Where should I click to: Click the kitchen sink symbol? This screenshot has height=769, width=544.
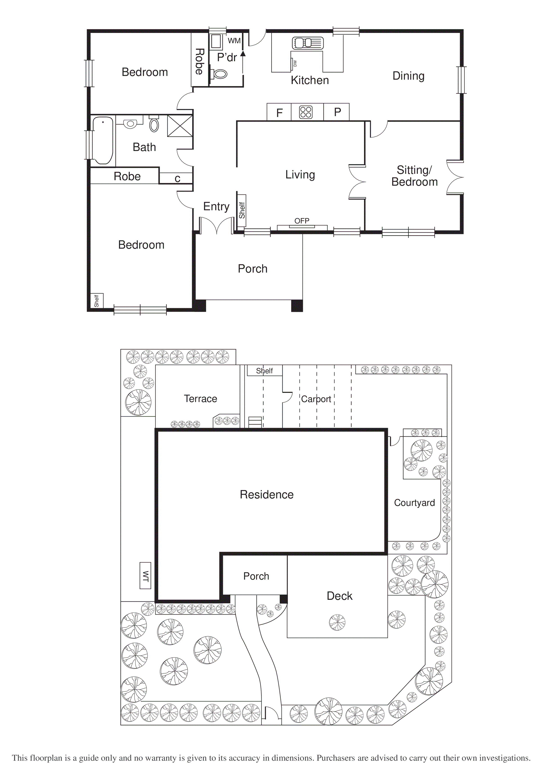click(x=307, y=43)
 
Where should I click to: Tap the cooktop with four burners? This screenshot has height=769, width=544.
click(x=306, y=112)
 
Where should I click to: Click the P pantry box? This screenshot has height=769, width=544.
click(x=337, y=112)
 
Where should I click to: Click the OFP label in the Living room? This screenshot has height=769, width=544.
click(x=302, y=221)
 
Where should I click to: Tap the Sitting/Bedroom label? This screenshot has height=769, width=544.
click(x=414, y=176)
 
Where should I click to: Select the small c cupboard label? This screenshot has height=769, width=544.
click(x=177, y=178)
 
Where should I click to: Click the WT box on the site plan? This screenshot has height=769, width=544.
click(x=145, y=575)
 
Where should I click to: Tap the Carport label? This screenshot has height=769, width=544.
click(x=316, y=399)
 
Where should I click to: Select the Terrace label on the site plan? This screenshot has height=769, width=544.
click(x=200, y=399)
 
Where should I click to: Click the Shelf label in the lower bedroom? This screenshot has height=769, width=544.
click(x=97, y=300)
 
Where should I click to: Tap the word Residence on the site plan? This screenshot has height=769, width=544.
click(x=267, y=494)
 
